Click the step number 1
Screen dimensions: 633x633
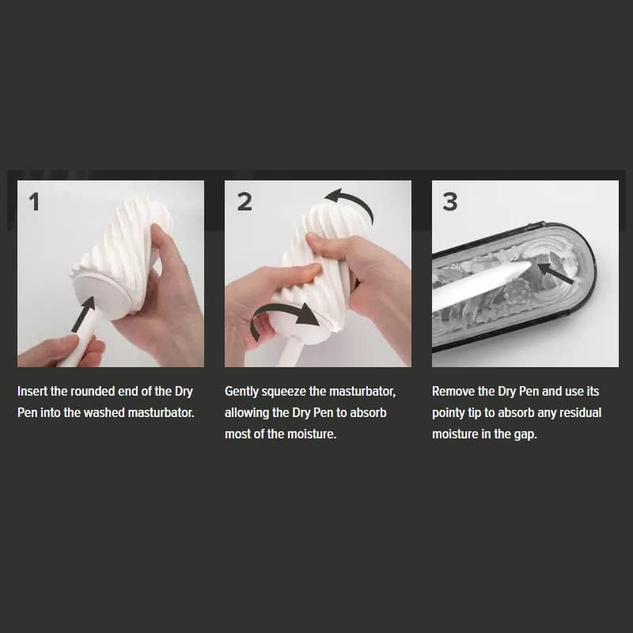coord(35,202)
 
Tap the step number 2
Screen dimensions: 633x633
coord(244,202)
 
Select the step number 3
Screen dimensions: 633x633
coord(450,202)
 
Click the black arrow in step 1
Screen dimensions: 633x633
coord(84,314)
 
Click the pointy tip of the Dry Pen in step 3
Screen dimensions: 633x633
coord(530,263)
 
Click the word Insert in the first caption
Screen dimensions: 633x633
coord(32,391)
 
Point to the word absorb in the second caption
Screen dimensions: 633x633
coord(368,412)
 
